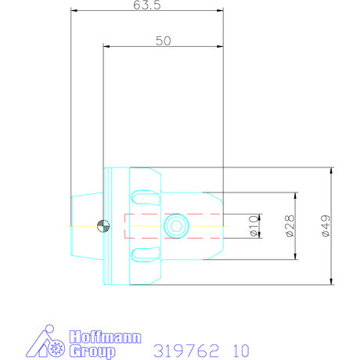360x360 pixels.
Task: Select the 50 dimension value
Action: (163, 41)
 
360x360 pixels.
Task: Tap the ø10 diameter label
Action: (253, 225)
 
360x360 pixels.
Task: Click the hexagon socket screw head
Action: (176, 226)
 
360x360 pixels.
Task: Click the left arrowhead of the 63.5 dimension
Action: (73, 11)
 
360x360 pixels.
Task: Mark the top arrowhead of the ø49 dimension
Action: (333, 170)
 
